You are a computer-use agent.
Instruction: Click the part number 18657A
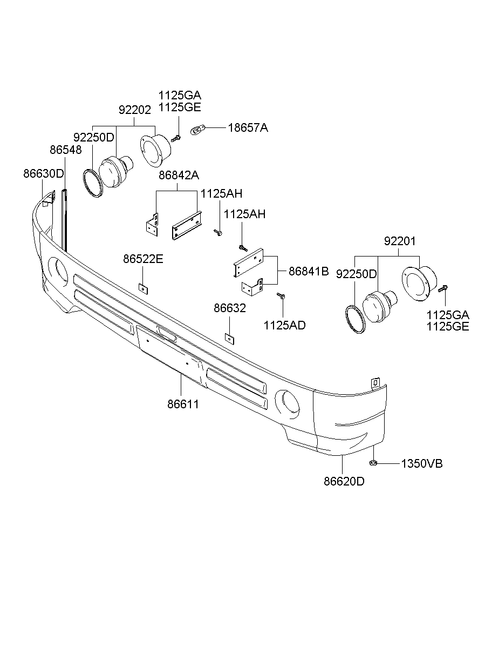(248, 128)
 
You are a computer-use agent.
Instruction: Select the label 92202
(135, 110)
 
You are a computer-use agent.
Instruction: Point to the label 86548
(66, 150)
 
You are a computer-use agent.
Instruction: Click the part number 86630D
(44, 174)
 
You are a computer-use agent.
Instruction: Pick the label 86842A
(179, 176)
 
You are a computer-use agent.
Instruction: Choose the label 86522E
(143, 259)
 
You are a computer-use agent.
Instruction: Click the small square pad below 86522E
(143, 288)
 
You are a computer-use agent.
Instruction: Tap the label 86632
(230, 308)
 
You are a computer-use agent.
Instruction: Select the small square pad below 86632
(230, 338)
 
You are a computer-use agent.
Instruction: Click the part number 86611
(183, 403)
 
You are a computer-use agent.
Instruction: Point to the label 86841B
(309, 272)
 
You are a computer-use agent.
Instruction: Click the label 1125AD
(284, 325)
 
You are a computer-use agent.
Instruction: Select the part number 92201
(400, 241)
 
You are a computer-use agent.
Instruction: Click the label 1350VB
(421, 463)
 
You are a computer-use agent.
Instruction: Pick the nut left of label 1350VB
(373, 462)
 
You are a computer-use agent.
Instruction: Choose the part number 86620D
(344, 480)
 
